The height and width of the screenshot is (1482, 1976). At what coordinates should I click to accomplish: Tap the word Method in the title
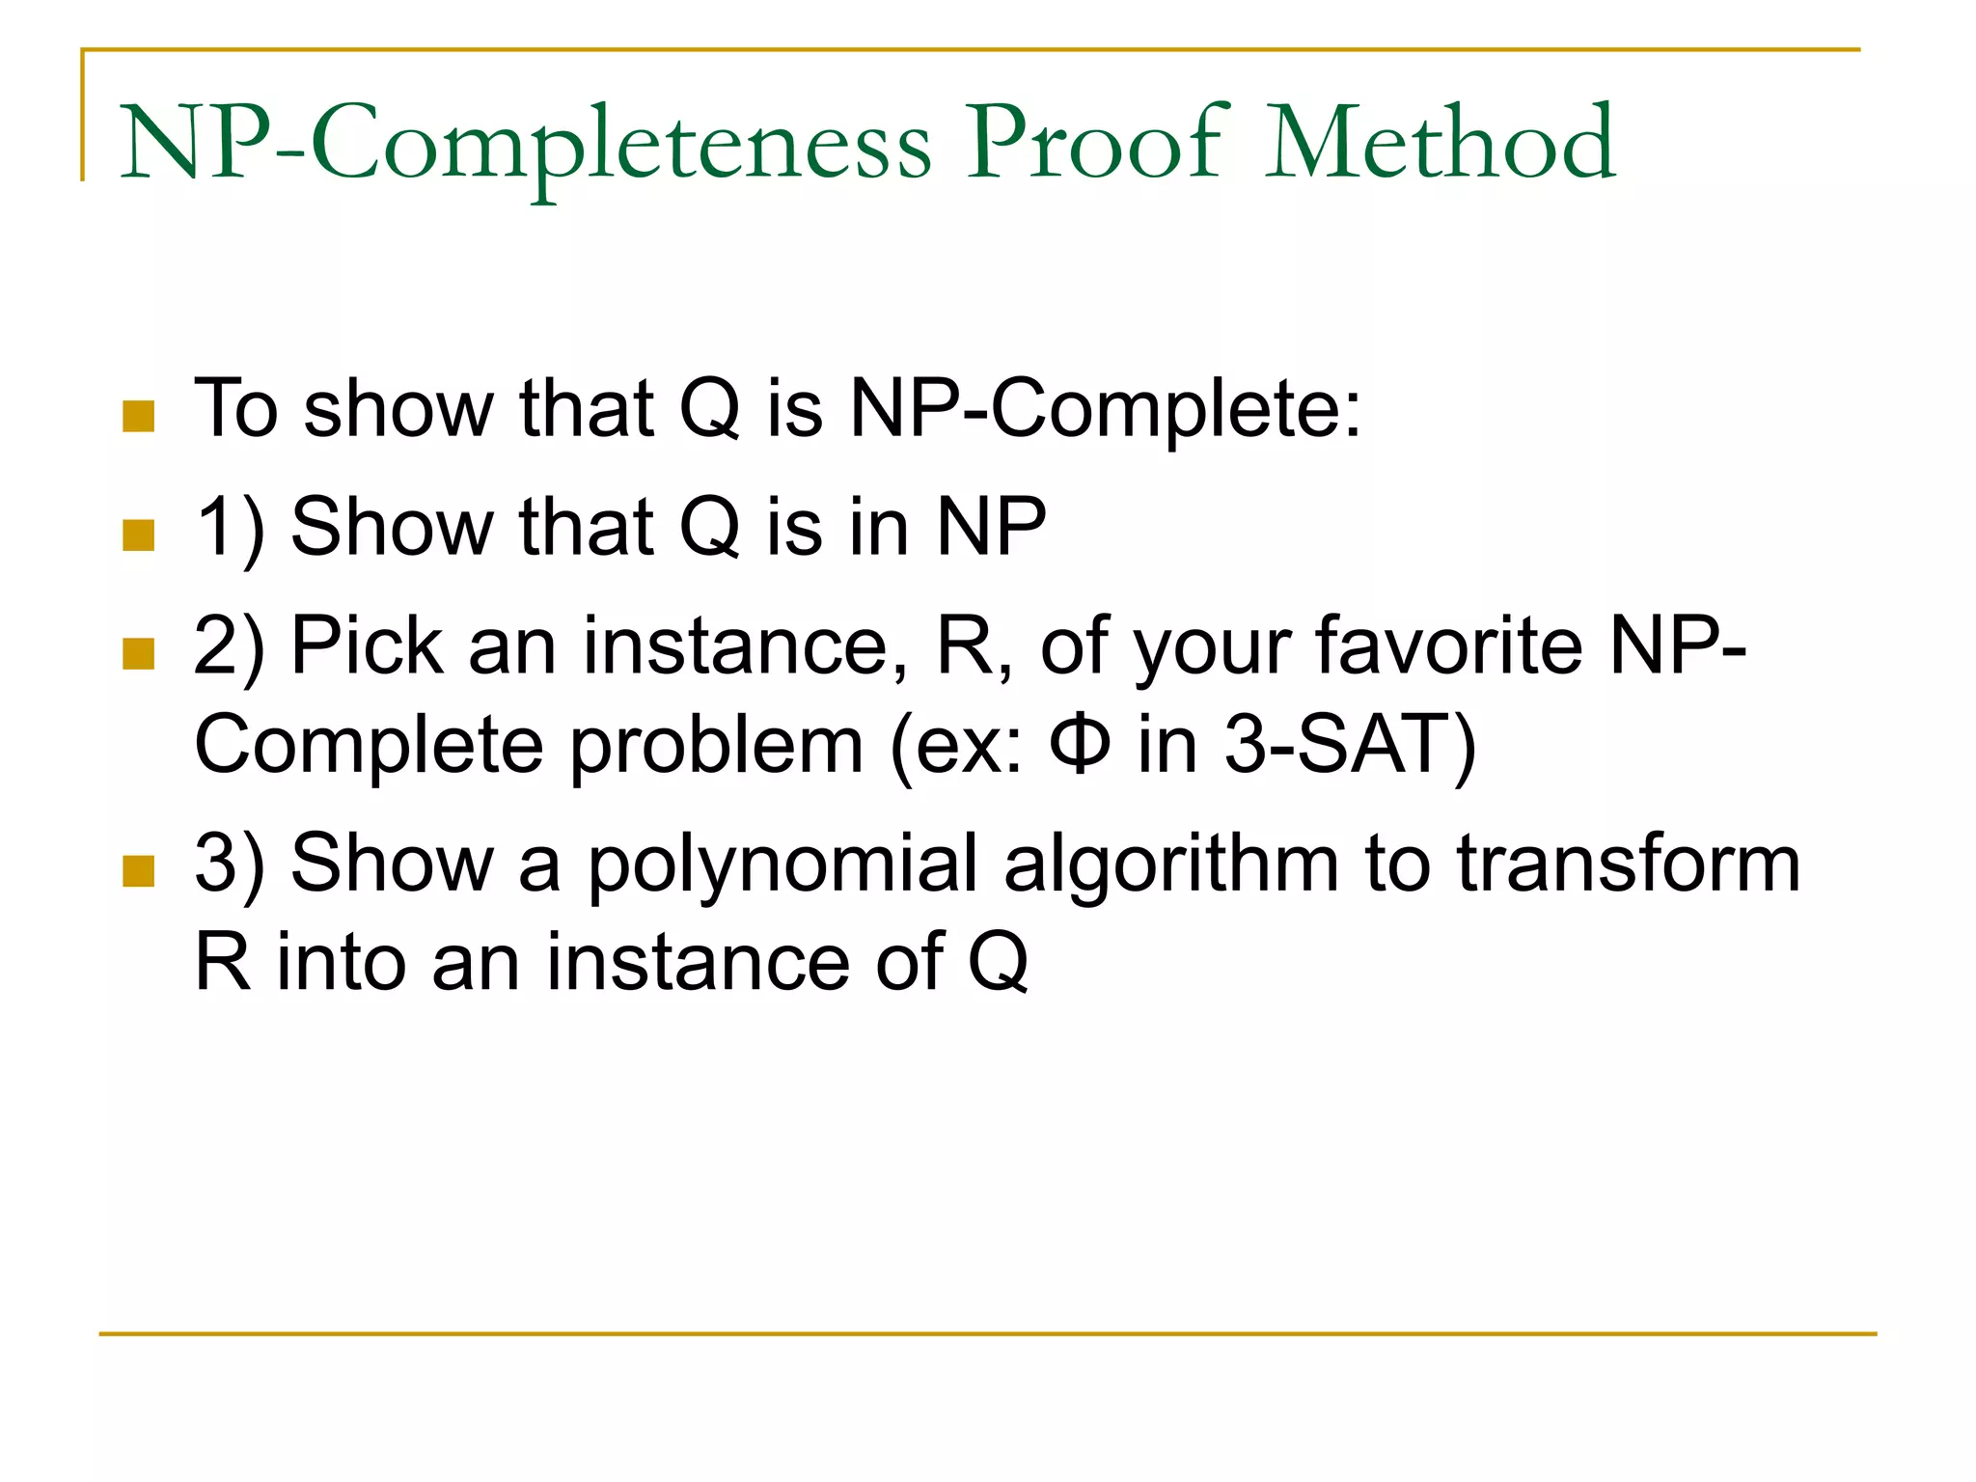coord(1440,145)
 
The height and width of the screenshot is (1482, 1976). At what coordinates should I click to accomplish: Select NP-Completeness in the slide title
coord(526,145)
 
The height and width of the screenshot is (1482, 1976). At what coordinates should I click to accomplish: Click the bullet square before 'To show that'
coord(139,417)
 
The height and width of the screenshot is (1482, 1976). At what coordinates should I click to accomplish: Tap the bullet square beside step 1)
coord(139,535)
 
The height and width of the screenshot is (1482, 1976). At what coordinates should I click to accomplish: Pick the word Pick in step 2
coord(366,645)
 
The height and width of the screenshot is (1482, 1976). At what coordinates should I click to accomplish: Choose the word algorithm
coord(1170,864)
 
